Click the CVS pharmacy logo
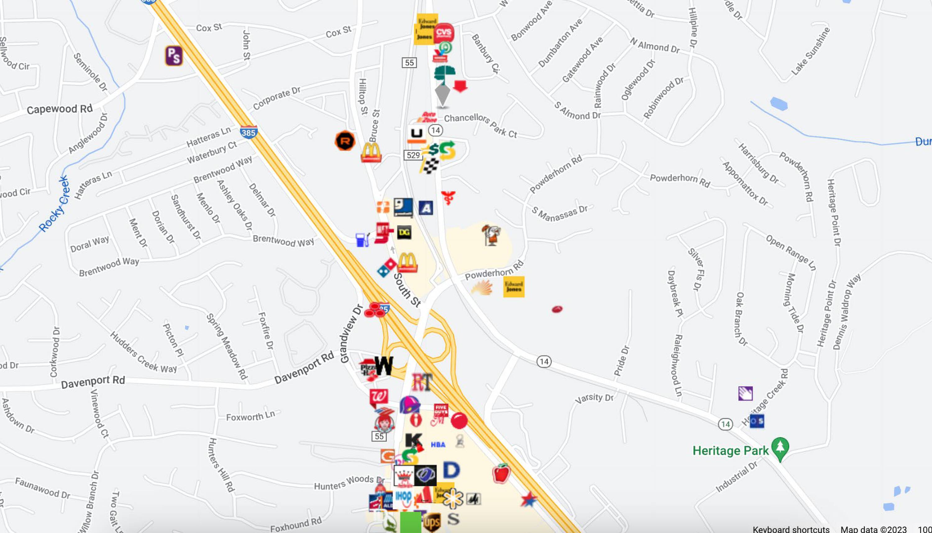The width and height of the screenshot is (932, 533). pyautogui.click(x=444, y=33)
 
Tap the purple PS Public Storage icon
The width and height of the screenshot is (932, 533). pyautogui.click(x=174, y=56)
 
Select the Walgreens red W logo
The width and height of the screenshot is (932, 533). pyautogui.click(x=378, y=397)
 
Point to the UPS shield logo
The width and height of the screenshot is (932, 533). pyautogui.click(x=432, y=522)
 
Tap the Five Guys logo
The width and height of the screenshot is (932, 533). pyautogui.click(x=441, y=410)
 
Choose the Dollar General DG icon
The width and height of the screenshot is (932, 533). pyautogui.click(x=404, y=232)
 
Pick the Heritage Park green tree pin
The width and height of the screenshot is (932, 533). pyautogui.click(x=780, y=448)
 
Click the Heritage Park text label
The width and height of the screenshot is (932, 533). pyautogui.click(x=730, y=451)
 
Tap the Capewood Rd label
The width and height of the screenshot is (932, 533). pyautogui.click(x=60, y=109)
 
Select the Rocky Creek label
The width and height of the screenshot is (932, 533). pyautogui.click(x=54, y=204)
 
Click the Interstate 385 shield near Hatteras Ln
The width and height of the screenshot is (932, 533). pyautogui.click(x=249, y=132)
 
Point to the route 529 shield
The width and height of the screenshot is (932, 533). pyautogui.click(x=413, y=155)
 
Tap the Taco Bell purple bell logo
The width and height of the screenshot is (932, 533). pyautogui.click(x=409, y=405)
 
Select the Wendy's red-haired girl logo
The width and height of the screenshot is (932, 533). pyautogui.click(x=384, y=422)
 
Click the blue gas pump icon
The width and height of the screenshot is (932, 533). pyautogui.click(x=362, y=240)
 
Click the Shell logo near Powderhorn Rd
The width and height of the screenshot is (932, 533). pyautogui.click(x=482, y=287)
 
